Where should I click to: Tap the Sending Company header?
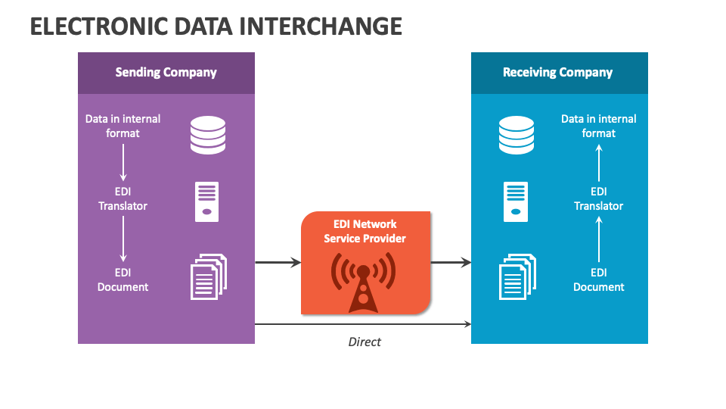click(x=166, y=73)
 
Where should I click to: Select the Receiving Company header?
click(x=557, y=73)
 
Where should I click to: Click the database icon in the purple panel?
click(x=207, y=134)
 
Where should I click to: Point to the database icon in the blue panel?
click(x=516, y=134)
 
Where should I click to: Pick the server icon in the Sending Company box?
click(x=207, y=201)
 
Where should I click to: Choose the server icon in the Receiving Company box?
click(x=516, y=201)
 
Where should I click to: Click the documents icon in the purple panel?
click(x=207, y=276)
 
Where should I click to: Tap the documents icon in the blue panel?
click(x=517, y=276)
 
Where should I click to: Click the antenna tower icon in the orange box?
click(x=364, y=282)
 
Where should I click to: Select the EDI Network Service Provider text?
click(x=365, y=231)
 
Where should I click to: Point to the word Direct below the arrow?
click(x=365, y=342)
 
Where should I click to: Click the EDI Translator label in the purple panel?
click(x=123, y=198)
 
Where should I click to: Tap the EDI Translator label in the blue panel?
click(x=598, y=198)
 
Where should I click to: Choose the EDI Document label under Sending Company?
click(x=123, y=279)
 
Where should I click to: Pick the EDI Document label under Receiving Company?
click(x=598, y=279)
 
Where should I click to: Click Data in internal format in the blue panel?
click(x=598, y=126)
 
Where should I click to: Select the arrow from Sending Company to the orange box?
click(x=278, y=263)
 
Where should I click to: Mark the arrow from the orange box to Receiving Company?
click(x=451, y=263)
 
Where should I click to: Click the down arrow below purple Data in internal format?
click(x=123, y=162)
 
